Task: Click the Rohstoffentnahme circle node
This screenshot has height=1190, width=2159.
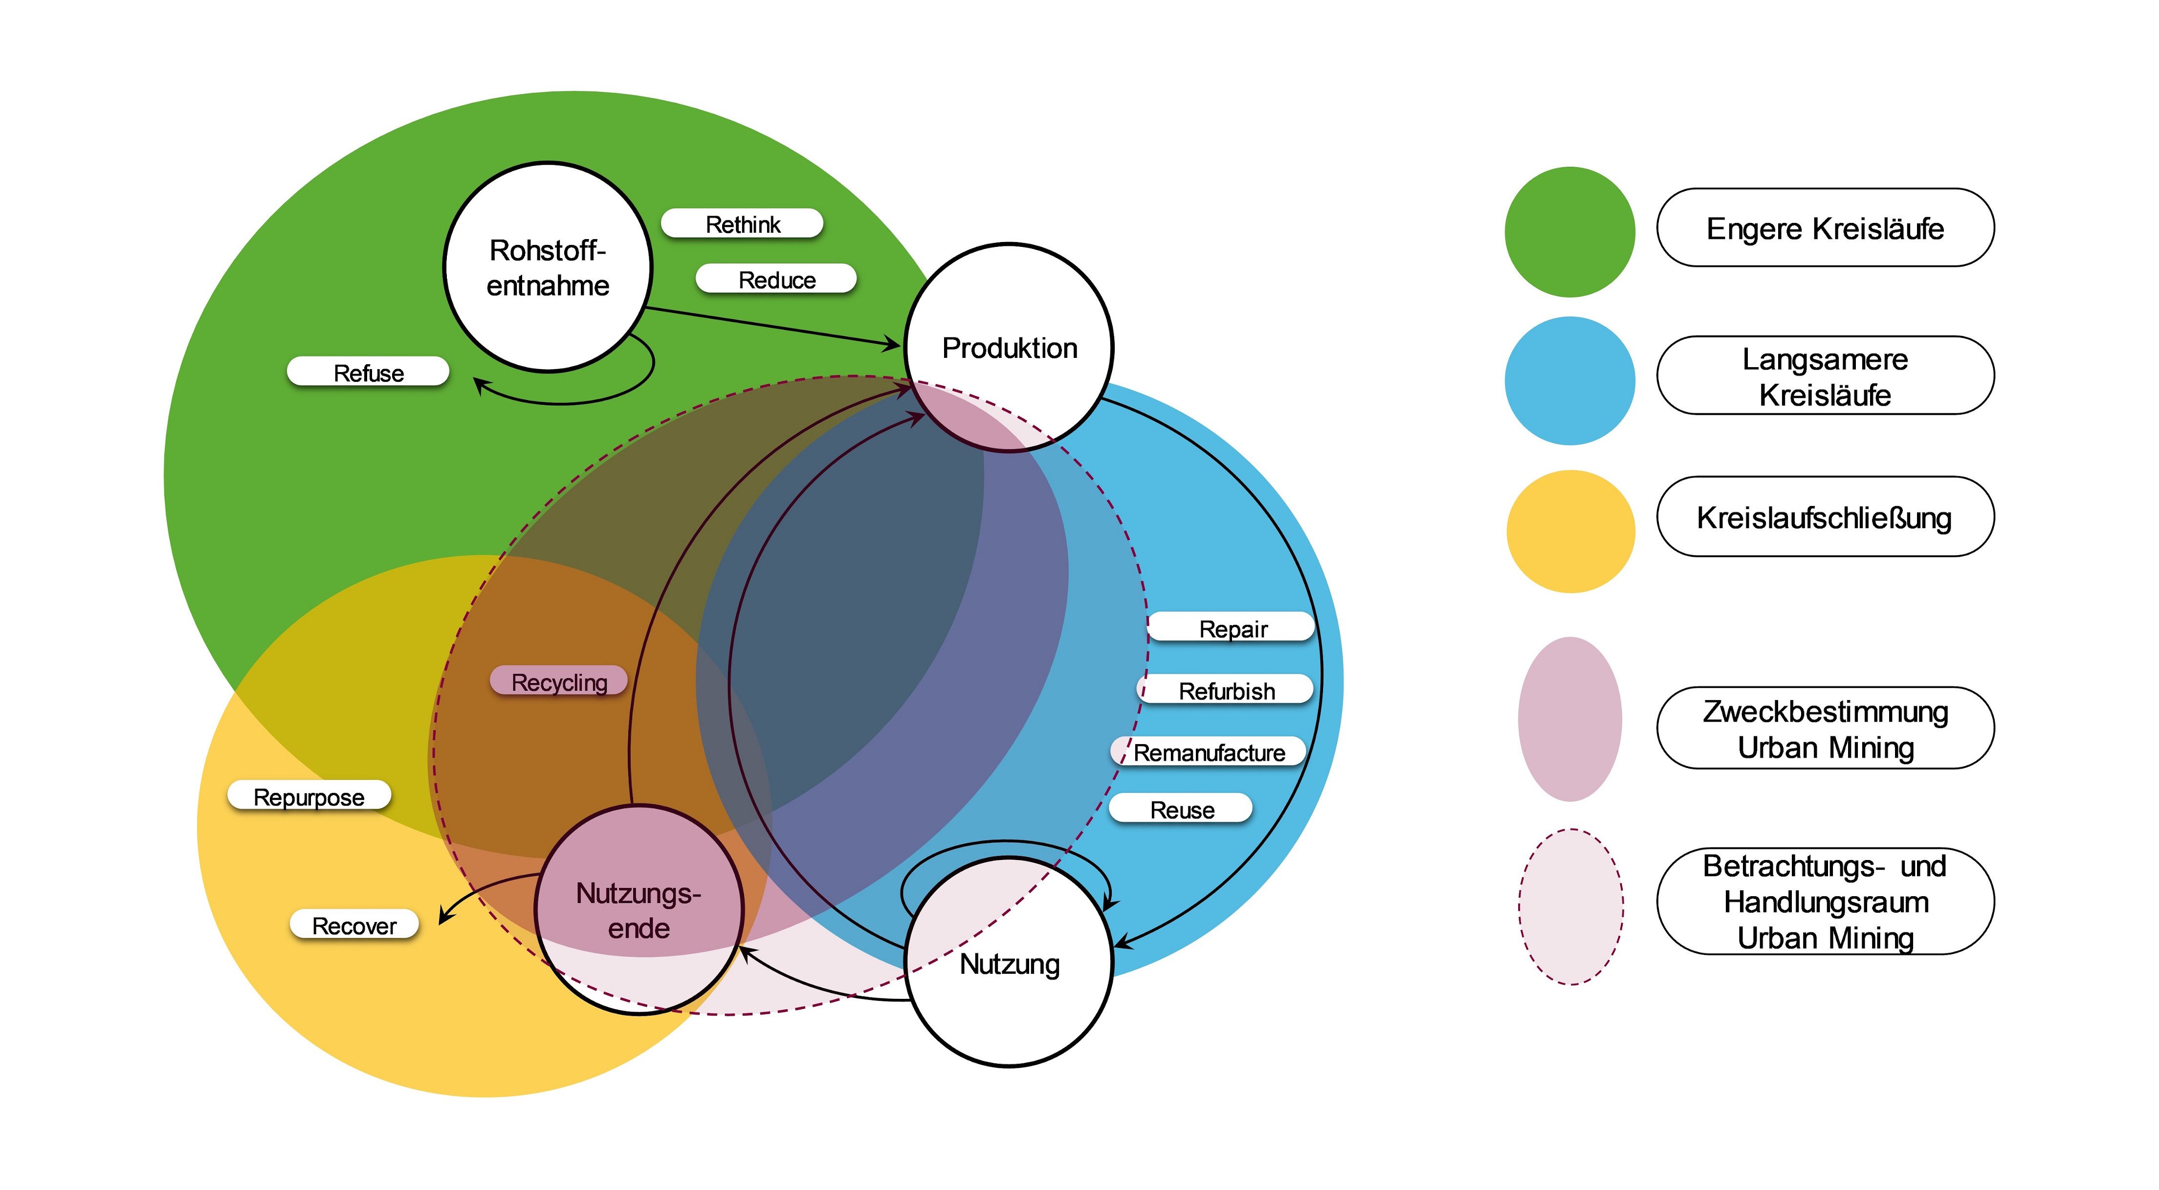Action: pos(548,266)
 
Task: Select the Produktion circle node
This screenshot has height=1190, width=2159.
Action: pos(1009,348)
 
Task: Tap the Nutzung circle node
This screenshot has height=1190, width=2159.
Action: pos(1009,962)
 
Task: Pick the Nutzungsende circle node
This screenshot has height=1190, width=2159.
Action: pos(639,909)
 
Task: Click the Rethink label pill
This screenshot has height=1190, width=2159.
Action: pos(743,224)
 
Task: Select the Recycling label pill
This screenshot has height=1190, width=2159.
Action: pos(559,682)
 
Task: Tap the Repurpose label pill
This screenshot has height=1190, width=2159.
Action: pos(309,796)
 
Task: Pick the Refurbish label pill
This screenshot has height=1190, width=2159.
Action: pos(1226,690)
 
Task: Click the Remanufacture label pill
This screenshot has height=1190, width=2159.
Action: pos(1209,752)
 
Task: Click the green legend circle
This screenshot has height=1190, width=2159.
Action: pos(1570,231)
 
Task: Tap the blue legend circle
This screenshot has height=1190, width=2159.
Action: pos(1570,380)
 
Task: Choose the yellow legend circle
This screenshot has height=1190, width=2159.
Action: pos(1570,531)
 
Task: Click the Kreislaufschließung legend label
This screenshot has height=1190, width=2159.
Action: pos(1825,517)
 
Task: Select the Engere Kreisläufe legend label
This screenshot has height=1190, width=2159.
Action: pos(1825,228)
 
